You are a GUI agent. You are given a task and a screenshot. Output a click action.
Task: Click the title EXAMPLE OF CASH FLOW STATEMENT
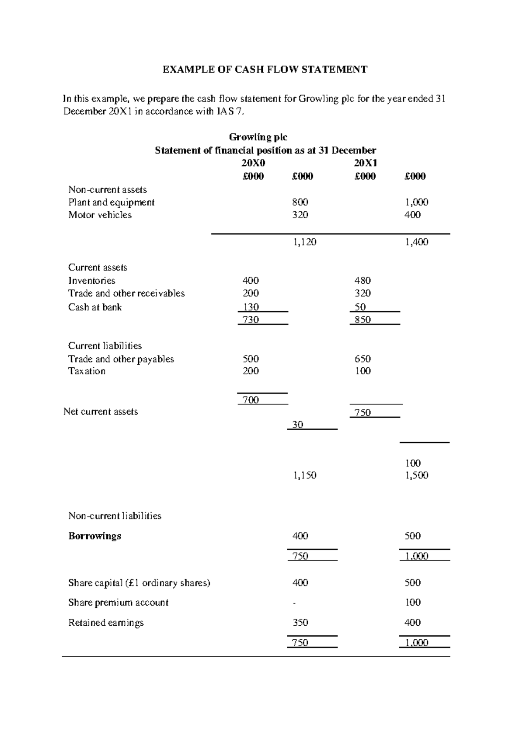pos(265,69)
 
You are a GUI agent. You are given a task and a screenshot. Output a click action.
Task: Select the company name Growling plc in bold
pos(258,137)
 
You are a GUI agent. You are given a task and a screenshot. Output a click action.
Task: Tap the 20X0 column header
pos(253,163)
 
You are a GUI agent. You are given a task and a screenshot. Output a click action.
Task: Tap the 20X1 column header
pos(365,163)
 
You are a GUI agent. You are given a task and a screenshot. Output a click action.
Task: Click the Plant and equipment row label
pos(111,202)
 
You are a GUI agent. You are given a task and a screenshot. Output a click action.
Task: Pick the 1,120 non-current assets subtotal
pos(304,242)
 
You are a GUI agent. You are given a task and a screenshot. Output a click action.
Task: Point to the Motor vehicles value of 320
pos(300,215)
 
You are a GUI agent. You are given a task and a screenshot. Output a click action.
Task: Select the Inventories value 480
pos(363,281)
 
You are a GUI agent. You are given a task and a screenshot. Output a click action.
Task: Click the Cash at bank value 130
pos(251,307)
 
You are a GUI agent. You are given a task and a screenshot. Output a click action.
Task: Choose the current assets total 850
pos(363,320)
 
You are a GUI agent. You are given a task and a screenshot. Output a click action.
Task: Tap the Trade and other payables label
pos(121,359)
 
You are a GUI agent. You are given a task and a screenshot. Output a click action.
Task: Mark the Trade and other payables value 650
pos(363,359)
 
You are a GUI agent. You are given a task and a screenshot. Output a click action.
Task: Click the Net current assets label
pos(101,412)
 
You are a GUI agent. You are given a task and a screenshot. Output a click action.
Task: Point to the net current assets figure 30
pos(298,424)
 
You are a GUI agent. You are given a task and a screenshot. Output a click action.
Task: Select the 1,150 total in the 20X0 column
pos(304,475)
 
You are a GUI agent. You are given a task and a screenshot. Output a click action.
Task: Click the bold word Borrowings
pos(95,536)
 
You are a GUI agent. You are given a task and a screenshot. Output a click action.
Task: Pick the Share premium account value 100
pos(412,603)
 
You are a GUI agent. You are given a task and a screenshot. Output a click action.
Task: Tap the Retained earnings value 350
pos(300,623)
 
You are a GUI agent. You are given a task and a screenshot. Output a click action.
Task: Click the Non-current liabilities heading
pos(115,516)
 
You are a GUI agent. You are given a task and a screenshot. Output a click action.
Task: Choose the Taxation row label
pos(87,371)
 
